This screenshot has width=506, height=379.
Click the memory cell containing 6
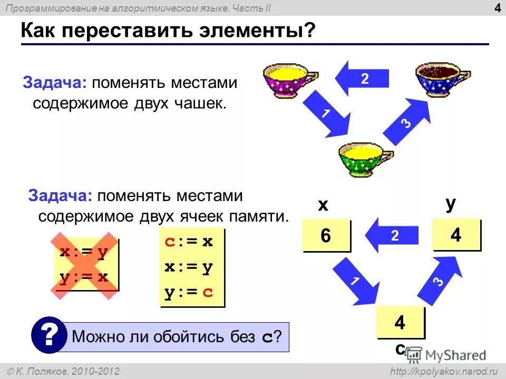point(326,235)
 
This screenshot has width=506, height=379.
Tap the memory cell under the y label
point(456,235)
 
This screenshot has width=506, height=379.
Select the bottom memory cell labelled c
point(400,322)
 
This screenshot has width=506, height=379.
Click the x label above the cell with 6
point(323,205)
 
